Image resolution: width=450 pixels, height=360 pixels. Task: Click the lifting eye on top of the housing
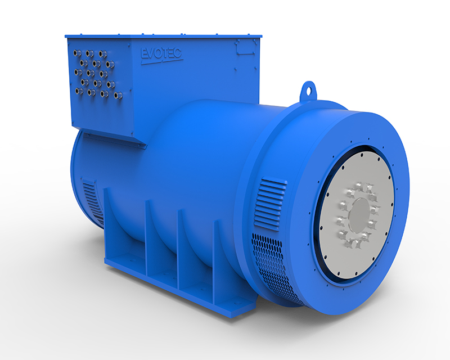click(307, 89)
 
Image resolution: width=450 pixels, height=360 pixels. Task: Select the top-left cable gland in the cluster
click(77, 52)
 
